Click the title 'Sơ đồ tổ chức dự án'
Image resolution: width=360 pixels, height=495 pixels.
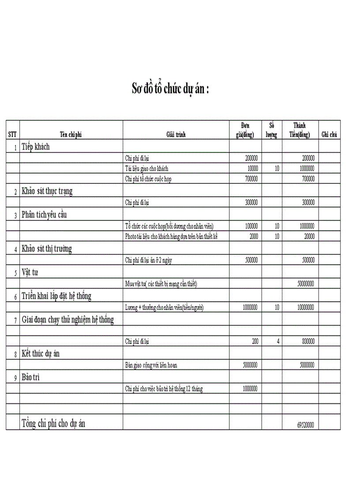(170, 88)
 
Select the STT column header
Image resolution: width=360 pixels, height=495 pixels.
(12, 135)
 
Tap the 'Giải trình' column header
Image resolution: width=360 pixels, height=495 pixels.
(176, 135)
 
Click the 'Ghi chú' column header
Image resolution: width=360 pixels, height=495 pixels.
(329, 135)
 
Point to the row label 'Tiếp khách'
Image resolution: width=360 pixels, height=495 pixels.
(36, 147)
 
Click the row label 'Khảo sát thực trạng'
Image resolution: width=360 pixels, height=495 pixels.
(47, 191)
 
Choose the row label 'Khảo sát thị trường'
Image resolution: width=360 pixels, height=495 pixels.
(47, 249)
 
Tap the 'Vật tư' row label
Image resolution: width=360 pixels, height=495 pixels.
(30, 272)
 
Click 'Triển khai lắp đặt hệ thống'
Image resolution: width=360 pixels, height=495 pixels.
(56, 296)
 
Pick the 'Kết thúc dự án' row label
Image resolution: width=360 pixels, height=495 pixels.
(41, 354)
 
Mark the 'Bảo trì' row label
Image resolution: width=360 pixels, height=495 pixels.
(31, 377)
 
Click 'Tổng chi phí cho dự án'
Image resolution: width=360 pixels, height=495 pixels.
(53, 424)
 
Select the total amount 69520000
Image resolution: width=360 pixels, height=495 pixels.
(305, 426)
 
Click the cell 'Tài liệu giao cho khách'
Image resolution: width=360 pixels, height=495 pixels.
(146, 168)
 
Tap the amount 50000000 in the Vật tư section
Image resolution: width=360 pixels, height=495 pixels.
(305, 284)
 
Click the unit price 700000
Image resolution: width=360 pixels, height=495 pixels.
(251, 179)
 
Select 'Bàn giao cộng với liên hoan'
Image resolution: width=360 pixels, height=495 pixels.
(151, 365)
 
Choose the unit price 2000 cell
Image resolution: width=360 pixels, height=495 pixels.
(254, 236)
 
